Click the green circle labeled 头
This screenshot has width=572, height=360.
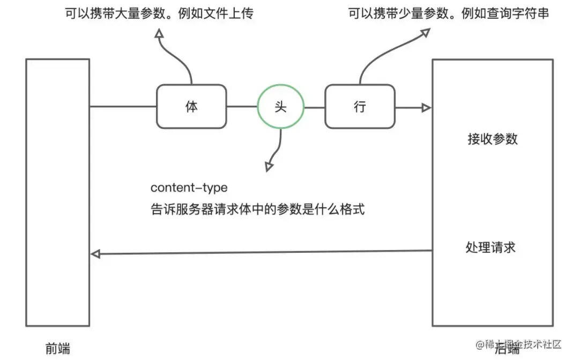[x=280, y=107]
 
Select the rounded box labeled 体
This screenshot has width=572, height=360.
[x=191, y=107]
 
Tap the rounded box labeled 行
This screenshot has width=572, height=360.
[x=360, y=107]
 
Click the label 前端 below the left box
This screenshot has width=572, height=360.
[x=57, y=348]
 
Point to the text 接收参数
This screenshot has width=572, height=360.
[x=493, y=139]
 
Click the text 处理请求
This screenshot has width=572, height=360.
[x=491, y=247]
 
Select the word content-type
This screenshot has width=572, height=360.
[x=189, y=188]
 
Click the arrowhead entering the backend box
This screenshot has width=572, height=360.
[x=426, y=108]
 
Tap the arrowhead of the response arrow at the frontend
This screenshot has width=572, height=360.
[x=95, y=254]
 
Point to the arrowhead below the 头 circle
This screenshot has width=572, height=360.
[x=268, y=167]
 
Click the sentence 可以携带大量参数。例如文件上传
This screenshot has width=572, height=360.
[x=159, y=13]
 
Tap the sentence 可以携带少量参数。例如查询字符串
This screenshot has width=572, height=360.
[x=449, y=13]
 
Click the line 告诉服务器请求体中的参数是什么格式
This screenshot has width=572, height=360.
[x=257, y=209]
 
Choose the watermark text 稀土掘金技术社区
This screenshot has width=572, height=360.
[x=518, y=344]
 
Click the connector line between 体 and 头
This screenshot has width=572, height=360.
[x=242, y=107]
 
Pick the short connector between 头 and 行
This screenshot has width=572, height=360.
[x=315, y=107]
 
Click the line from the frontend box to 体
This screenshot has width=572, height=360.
[x=123, y=107]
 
